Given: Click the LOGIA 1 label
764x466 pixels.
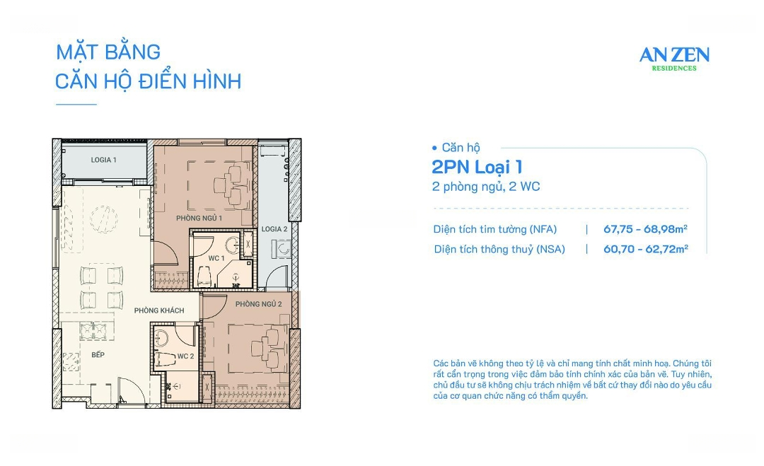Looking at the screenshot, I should (x=103, y=160).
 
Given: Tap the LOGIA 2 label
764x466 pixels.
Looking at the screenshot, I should (x=274, y=229).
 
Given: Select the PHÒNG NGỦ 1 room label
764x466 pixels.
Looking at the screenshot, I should (x=199, y=219).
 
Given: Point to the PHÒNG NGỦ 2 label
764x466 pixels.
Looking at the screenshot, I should (x=259, y=304).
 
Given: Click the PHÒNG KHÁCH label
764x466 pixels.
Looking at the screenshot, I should (x=159, y=310).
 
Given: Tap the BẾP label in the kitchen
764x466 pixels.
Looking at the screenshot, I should (x=98, y=355).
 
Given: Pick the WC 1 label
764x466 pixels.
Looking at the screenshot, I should (x=216, y=259).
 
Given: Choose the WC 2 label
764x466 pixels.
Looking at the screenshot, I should (x=184, y=356).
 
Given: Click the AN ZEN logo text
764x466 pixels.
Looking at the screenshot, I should (x=673, y=55).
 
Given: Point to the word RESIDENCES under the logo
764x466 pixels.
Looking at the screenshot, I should (x=673, y=69).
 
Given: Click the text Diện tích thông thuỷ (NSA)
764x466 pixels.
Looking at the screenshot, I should (x=499, y=249).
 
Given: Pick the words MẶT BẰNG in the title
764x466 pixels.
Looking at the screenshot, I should (x=108, y=52).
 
